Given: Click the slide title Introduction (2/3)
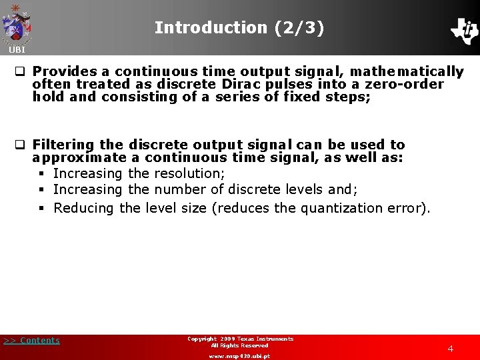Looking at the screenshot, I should coord(239,27).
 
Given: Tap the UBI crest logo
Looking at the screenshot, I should coord(17,24).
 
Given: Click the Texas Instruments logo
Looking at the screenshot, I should coord(464,30).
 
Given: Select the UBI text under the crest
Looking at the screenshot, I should coord(17,50).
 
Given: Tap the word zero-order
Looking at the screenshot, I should coord(404,84).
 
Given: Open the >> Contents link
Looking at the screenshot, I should coord(31,341).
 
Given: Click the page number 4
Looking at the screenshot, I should coord(451,349).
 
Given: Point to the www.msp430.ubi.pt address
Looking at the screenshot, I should coord(239,356).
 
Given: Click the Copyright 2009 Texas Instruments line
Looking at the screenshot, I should coord(240,339).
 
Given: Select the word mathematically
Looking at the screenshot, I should coord(407,71).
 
